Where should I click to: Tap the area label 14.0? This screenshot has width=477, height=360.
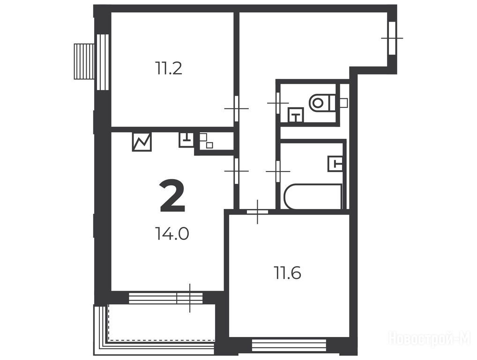(x=172, y=234)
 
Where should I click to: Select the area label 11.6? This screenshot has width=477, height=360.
(x=288, y=273)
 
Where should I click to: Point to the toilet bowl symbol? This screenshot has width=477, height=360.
(x=322, y=103)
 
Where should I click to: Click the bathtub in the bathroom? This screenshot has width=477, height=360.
(x=313, y=196)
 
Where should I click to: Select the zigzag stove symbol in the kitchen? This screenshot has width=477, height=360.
(x=142, y=142)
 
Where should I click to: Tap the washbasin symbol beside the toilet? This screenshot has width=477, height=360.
(x=296, y=115)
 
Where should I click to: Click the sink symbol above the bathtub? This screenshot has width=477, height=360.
(x=335, y=164)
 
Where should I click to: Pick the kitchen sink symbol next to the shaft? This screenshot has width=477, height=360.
(x=186, y=140)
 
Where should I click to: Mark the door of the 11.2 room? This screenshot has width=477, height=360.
(x=236, y=109)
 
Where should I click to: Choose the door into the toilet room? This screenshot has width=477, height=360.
(x=278, y=103)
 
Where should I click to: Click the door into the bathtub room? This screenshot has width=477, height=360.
(x=278, y=172)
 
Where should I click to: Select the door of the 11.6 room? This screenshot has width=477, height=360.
(x=257, y=212)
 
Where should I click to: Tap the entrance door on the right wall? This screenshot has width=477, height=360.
(x=392, y=38)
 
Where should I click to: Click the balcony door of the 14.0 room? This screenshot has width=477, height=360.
(x=190, y=298)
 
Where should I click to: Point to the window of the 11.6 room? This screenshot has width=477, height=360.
(x=289, y=345)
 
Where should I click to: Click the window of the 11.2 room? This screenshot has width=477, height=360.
(x=103, y=62)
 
